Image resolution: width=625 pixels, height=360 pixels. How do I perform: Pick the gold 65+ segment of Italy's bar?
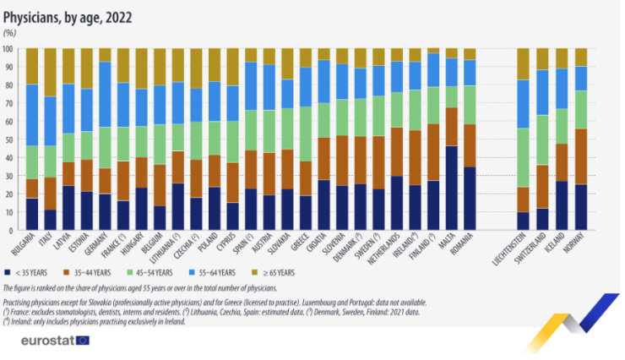tap(51, 72)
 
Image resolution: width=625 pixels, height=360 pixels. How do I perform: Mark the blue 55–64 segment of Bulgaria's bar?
tap(32, 115)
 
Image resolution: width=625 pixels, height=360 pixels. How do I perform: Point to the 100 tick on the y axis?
tap(9, 49)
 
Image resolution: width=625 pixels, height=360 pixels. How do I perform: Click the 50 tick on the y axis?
tap(11, 139)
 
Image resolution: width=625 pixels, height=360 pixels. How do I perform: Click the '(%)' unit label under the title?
tap(9, 32)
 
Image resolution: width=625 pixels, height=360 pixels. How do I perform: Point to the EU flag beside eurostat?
tap(82, 341)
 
